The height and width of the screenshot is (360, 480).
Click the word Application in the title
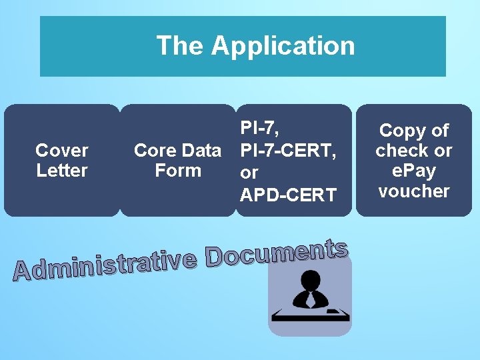click(x=283, y=46)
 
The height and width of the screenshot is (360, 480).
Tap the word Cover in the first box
click(x=62, y=151)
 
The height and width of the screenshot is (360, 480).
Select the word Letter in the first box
click(x=62, y=171)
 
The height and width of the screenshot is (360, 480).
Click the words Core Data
click(x=177, y=151)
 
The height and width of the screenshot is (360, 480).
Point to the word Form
click(x=177, y=171)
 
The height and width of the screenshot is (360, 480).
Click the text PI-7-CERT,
click(x=288, y=150)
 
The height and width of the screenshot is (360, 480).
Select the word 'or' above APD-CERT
click(x=249, y=173)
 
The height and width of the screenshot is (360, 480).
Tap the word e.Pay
click(x=413, y=171)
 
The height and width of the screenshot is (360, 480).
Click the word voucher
click(x=413, y=191)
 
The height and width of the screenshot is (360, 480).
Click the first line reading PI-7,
click(x=259, y=128)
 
